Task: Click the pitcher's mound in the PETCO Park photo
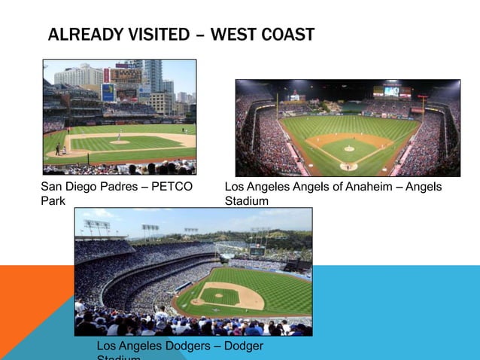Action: pos(119,142)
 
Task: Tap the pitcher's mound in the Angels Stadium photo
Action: pos(349,148)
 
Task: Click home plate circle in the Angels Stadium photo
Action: pos(348,166)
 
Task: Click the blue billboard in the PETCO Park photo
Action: pos(108,92)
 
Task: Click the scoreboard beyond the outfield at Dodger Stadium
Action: pos(257,250)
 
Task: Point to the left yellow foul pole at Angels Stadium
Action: pos(277,105)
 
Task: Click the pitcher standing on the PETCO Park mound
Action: pos(118,137)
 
